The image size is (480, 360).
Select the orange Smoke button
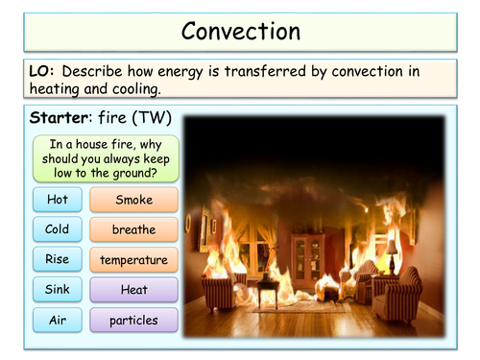pyautogui.click(x=133, y=200)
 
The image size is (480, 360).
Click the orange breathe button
pyautogui.click(x=133, y=229)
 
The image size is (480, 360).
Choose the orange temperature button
pyautogui.click(x=133, y=259)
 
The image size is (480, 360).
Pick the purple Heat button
pyautogui.click(x=133, y=289)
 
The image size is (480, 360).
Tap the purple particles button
pyautogui.click(x=133, y=320)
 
